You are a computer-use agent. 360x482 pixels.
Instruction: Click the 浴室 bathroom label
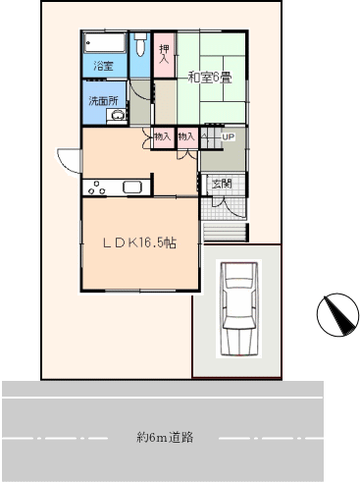click(104, 66)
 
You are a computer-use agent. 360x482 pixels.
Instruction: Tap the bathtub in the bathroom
click(105, 42)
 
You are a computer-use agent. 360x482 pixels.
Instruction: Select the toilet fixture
click(140, 43)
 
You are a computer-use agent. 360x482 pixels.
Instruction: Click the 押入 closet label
click(165, 54)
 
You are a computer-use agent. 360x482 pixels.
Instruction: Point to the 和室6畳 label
click(210, 78)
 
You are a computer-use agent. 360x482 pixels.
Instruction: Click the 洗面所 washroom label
click(104, 101)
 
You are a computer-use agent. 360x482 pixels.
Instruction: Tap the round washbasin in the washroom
click(118, 115)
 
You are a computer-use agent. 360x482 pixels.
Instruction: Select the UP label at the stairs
click(229, 136)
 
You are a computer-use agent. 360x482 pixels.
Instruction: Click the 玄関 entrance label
click(222, 184)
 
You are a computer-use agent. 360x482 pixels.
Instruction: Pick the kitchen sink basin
click(132, 187)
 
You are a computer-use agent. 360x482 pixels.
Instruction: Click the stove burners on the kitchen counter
click(97, 187)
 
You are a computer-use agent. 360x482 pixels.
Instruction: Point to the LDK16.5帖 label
click(140, 242)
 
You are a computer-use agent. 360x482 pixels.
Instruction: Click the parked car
click(238, 308)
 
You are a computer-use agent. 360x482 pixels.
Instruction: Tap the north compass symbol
click(337, 314)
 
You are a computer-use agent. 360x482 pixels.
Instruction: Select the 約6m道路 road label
click(165, 437)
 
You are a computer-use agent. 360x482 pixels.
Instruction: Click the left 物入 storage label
click(163, 136)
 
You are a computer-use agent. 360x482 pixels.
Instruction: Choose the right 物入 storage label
click(186, 136)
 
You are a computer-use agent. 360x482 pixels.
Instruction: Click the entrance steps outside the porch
click(225, 232)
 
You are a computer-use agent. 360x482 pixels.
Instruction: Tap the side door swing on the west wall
click(69, 161)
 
